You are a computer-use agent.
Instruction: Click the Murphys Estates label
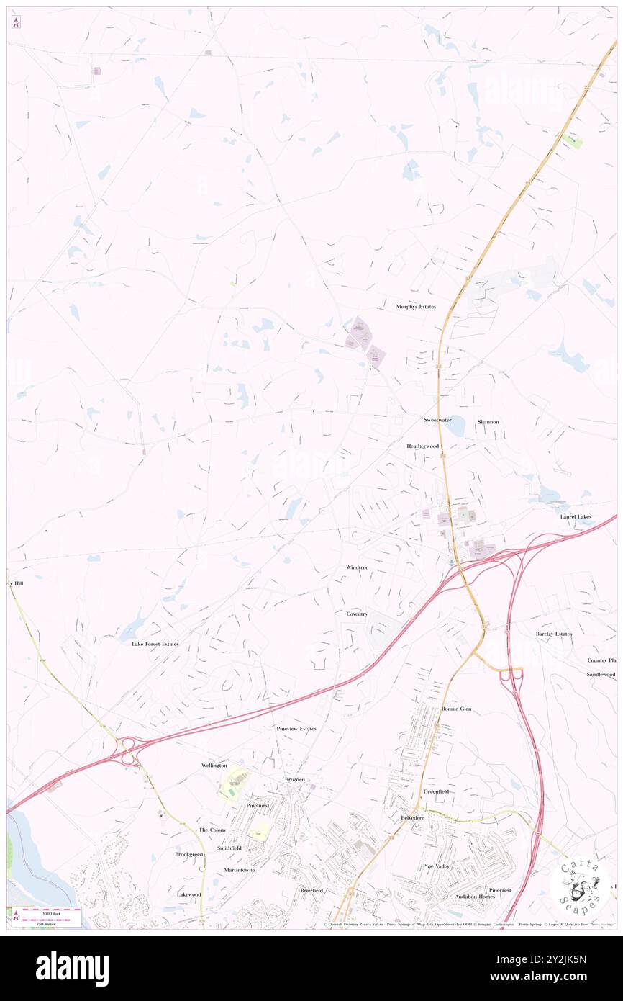[416, 307]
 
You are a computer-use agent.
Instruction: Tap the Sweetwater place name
[437, 420]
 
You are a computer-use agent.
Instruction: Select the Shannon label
[488, 421]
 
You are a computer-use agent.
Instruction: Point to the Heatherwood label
[422, 446]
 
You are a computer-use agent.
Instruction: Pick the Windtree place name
[357, 567]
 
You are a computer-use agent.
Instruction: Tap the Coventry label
[357, 614]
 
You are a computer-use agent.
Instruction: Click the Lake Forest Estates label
[155, 643]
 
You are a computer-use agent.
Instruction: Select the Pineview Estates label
[296, 729]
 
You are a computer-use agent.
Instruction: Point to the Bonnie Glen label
[456, 709]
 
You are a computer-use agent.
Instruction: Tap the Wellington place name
[214, 765]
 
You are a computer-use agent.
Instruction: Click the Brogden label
[295, 779]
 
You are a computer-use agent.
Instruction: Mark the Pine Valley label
[437, 866]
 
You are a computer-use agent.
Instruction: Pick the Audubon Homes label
[475, 897]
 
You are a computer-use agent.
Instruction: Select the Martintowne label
[240, 870]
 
